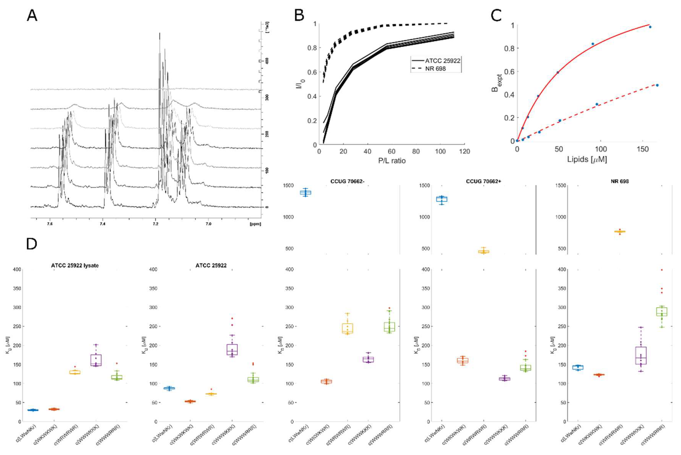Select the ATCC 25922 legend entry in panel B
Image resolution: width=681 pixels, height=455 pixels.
point(442,61)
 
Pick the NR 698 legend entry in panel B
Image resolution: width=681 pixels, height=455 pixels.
point(435,69)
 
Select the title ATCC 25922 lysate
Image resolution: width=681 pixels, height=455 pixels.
point(75,266)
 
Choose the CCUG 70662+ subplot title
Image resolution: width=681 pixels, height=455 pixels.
point(484,181)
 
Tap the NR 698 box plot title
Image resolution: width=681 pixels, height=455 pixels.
point(620,181)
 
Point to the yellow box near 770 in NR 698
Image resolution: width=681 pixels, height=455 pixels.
point(620,232)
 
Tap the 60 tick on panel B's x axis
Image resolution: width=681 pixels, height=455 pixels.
point(391,151)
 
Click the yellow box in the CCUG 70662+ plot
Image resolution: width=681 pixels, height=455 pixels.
point(484,252)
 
